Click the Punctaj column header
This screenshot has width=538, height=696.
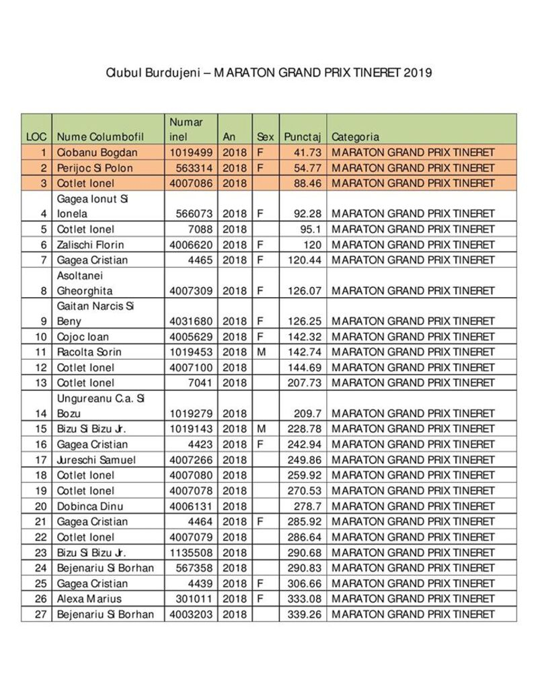pos(303,137)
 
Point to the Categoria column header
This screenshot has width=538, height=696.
pos(355,137)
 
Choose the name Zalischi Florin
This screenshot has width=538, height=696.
pos(90,245)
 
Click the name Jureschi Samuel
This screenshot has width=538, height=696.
pos(95,460)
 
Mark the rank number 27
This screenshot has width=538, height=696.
pos(41,614)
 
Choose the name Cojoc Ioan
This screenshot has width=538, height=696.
pos(83,337)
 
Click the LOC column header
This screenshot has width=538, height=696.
pos(36,137)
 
